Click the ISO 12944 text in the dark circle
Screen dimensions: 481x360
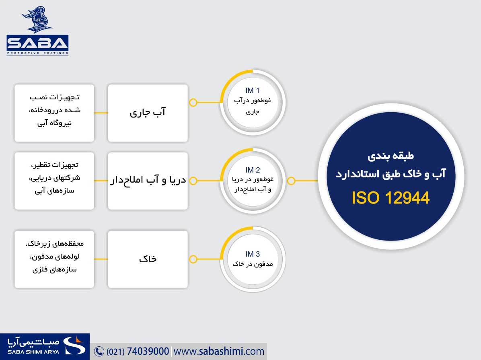click(x=391, y=197)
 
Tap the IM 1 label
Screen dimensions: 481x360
click(x=253, y=91)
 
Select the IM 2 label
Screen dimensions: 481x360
click(x=253, y=170)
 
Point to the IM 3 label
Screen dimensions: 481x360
click(x=253, y=254)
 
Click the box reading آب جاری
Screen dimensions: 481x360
click(x=148, y=113)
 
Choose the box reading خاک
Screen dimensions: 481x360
click(x=148, y=259)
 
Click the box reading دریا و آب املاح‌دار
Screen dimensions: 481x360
click(x=148, y=181)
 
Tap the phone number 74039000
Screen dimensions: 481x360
click(x=148, y=351)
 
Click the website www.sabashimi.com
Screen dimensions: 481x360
click(x=219, y=351)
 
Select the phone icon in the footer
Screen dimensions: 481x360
click(x=99, y=352)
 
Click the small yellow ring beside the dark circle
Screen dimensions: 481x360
click(x=291, y=181)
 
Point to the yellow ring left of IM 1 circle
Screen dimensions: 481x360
click(x=193, y=103)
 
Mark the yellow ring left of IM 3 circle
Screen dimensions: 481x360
click(x=193, y=259)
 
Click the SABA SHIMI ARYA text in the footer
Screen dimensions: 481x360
click(x=33, y=352)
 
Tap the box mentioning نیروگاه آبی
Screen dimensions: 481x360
click(x=54, y=113)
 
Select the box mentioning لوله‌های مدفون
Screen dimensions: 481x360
click(x=54, y=259)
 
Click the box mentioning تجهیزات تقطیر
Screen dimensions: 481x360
click(x=54, y=181)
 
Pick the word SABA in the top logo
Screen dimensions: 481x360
click(x=37, y=43)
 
